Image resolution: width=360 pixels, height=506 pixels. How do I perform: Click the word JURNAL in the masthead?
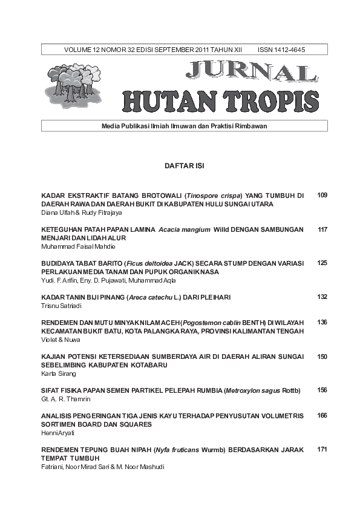[x=251, y=72]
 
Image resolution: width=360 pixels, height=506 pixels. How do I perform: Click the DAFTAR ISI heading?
[x=184, y=165]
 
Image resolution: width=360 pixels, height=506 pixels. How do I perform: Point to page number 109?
[x=322, y=195]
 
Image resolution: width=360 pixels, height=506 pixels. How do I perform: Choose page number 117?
[x=322, y=229]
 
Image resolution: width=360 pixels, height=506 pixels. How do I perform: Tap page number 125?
[x=322, y=263]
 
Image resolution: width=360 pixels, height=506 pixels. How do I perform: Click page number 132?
[x=322, y=297]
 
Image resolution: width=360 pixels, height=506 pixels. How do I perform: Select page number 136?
[x=322, y=322]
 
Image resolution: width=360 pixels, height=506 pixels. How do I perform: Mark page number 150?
[x=322, y=356]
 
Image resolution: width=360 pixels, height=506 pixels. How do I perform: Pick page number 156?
[x=322, y=390]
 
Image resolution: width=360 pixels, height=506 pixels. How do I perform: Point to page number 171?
[x=322, y=449]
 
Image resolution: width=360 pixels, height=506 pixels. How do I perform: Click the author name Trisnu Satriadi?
[x=60, y=306]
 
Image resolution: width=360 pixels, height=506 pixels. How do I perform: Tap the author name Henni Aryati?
[x=56, y=433]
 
